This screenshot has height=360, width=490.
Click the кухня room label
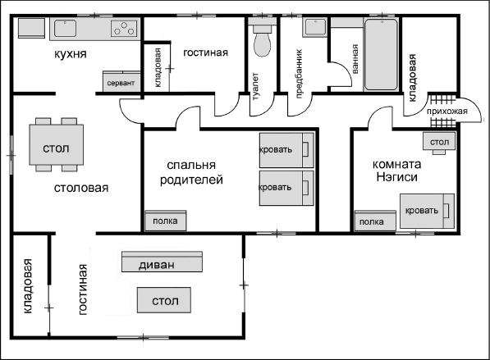coord(71,54)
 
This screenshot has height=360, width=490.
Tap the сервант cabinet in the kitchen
coord(121,82)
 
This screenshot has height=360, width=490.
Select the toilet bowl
coord(262,40)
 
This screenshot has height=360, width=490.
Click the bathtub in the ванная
coord(382,54)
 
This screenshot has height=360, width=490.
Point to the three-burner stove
coord(124,29)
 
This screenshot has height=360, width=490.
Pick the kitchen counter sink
coord(66,28)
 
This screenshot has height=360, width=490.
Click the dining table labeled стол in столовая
coord(57,144)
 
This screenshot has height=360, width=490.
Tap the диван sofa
coord(162,262)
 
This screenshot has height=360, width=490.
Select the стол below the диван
coord(164,300)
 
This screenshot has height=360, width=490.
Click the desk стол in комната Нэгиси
coord(439,141)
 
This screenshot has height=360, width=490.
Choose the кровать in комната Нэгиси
coord(427,211)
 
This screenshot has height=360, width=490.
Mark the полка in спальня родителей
coord(166,221)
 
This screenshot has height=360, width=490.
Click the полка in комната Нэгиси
coord(375,221)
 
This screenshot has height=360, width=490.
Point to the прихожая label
coord(446,112)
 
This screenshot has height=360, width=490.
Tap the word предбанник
coord(299,74)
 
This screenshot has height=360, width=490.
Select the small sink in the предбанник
coord(315,27)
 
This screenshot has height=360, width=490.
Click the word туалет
coord(255,86)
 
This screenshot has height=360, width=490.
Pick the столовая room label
coord(81,188)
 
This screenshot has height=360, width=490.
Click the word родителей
coord(191,180)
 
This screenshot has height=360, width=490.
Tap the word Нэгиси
coord(397,177)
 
